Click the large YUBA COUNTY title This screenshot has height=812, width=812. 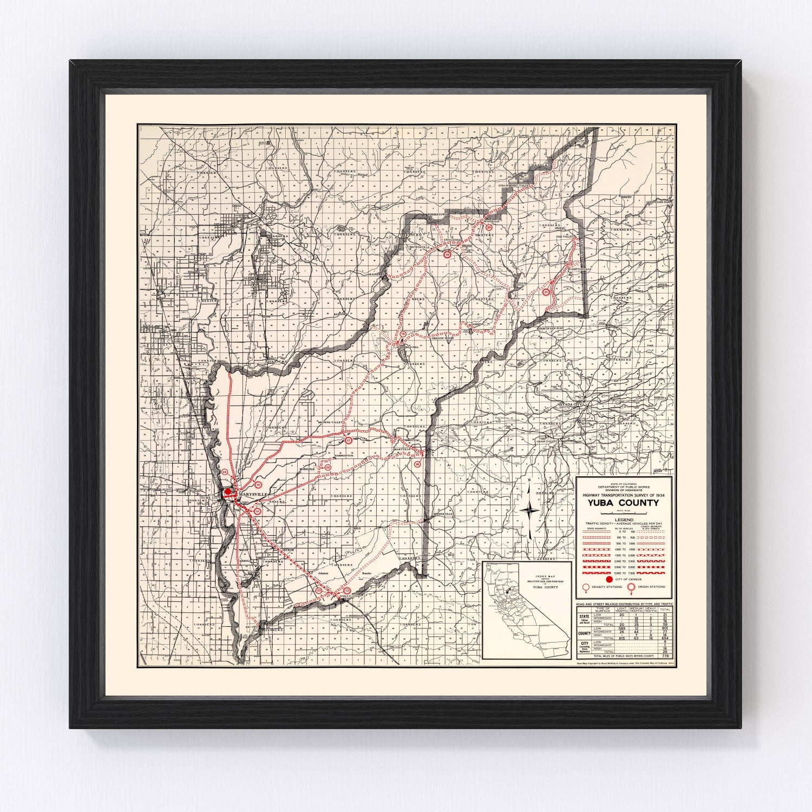point(624,502)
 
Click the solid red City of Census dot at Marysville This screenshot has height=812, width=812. point(228,492)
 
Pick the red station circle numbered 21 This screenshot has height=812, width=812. point(546,292)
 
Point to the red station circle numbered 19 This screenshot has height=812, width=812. point(447,254)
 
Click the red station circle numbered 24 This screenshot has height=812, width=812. point(225,473)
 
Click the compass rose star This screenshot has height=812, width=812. point(531,509)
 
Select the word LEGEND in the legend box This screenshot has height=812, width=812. point(624,520)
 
